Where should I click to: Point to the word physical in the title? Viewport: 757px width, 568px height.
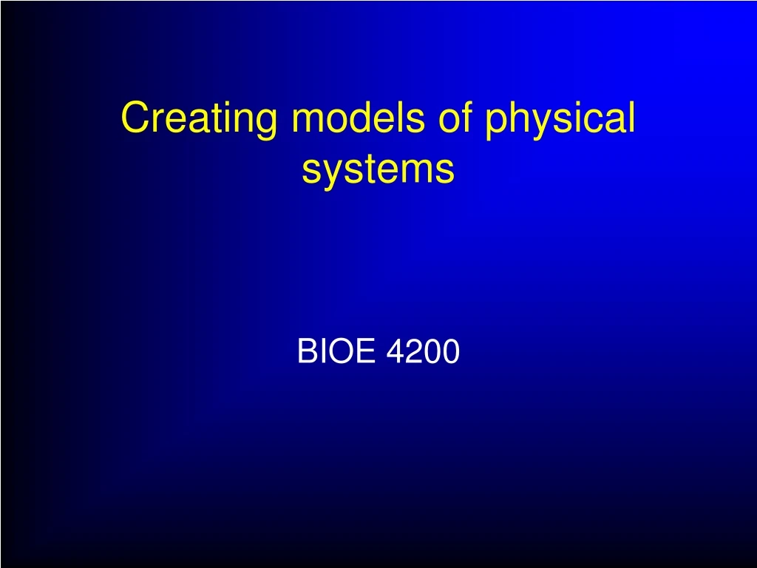[x=560, y=118]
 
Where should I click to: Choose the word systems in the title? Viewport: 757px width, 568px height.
[x=378, y=170]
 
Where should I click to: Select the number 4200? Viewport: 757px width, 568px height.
[x=423, y=352]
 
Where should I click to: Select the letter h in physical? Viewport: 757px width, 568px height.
[x=517, y=117]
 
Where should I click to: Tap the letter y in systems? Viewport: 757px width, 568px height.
[x=332, y=174]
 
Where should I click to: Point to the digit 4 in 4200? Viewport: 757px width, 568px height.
[x=395, y=352]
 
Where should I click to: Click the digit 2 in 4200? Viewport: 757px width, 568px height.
[x=413, y=352]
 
